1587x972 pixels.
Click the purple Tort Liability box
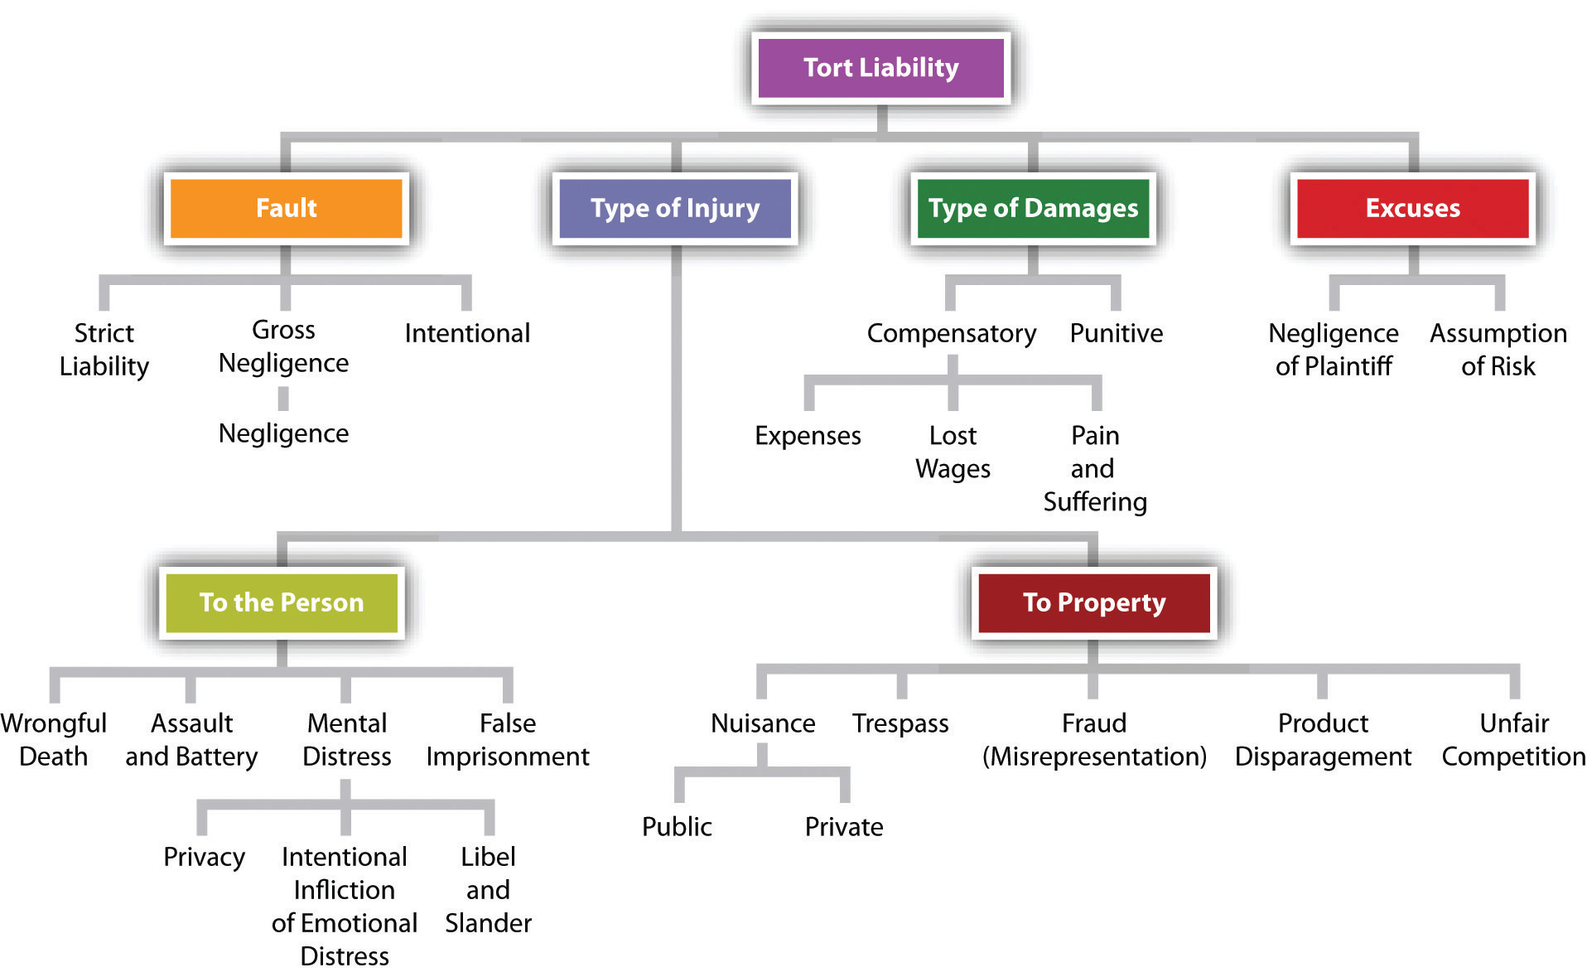880,67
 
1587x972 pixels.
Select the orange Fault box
286,208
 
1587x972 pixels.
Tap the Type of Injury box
675,208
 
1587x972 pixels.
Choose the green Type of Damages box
1033,208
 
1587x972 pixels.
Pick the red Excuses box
1412,208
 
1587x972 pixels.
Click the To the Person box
282,602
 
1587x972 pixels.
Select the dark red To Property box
1093,602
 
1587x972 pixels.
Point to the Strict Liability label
104,349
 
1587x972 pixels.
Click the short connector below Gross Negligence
283,399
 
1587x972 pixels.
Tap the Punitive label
1116,333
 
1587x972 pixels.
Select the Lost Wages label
953,452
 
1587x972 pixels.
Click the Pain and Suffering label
1094,468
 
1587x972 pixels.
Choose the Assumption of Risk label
1498,349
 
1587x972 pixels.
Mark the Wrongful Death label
54,739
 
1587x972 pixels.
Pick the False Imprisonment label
507,739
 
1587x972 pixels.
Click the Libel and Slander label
488,889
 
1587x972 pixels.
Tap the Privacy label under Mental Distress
204,857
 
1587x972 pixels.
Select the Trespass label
900,723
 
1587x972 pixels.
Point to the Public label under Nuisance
677,826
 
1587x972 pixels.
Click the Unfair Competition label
1513,739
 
